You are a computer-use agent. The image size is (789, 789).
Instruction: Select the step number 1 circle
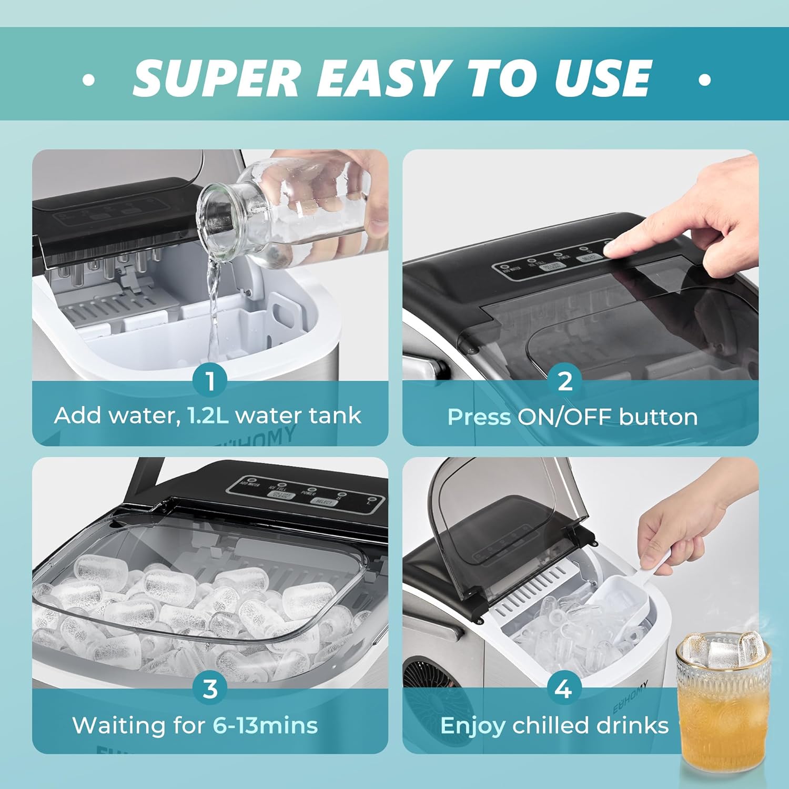pos(210,381)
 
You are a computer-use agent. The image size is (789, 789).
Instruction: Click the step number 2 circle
pos(565,381)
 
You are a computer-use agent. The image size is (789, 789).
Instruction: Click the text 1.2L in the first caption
pos(208,416)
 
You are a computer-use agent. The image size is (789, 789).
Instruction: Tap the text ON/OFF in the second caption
pos(564,417)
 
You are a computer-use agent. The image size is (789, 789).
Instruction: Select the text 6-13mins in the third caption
pos(265,725)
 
